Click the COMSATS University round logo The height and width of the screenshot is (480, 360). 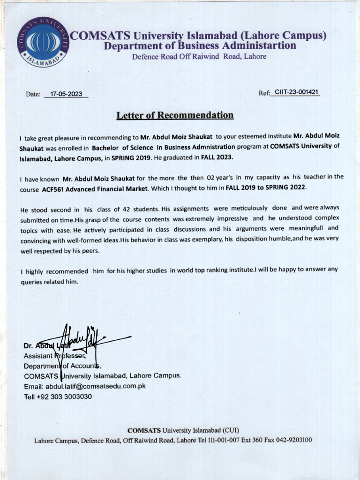click(43, 42)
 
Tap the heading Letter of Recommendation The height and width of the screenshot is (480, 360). click(175, 115)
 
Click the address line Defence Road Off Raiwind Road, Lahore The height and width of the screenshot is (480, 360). click(199, 57)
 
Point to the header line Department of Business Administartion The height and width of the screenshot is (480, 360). click(200, 46)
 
